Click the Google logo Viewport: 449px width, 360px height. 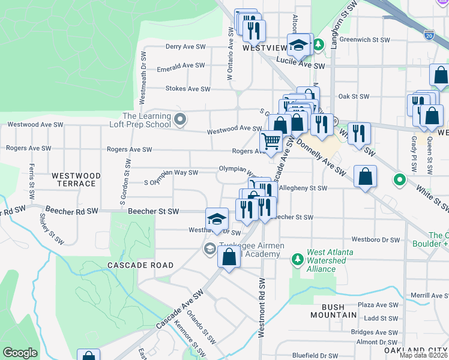coord(20,353)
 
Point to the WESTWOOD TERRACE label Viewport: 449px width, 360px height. coord(76,180)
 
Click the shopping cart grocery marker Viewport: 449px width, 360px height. coord(271,142)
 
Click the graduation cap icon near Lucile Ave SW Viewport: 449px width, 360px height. coord(298,44)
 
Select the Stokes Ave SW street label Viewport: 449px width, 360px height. coord(188,89)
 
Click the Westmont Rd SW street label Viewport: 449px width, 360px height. coord(262,308)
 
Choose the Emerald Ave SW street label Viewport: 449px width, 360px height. coord(181,65)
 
